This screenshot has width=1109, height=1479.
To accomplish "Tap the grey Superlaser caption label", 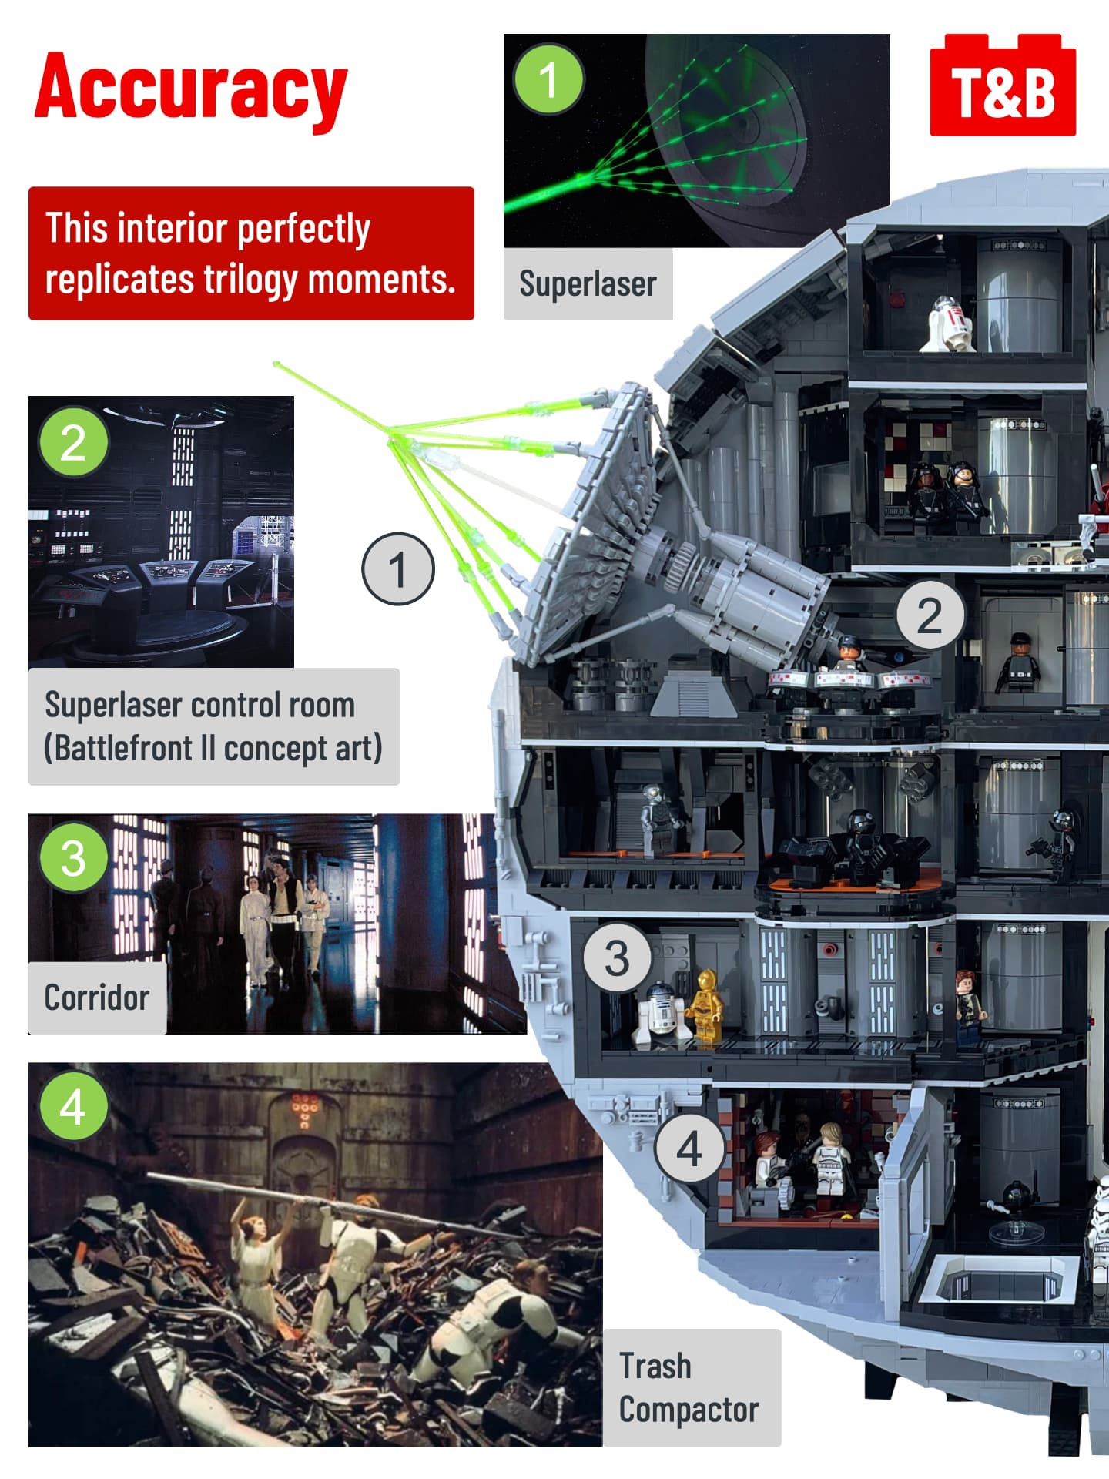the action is (x=588, y=283).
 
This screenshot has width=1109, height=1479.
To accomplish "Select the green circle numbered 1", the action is (x=549, y=79).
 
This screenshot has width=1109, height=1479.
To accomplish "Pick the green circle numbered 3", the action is (x=73, y=857).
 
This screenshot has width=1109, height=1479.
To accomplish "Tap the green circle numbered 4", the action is (x=73, y=1106).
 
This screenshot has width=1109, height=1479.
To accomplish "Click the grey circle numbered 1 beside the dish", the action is (x=398, y=569).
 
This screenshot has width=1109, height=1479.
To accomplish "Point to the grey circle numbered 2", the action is (x=930, y=615).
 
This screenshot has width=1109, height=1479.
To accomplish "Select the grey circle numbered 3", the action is (x=618, y=958).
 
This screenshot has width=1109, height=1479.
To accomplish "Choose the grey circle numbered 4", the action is (x=689, y=1150).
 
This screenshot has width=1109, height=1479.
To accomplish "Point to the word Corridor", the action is (x=96, y=998).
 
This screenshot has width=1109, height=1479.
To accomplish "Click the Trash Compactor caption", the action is (x=689, y=1388).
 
